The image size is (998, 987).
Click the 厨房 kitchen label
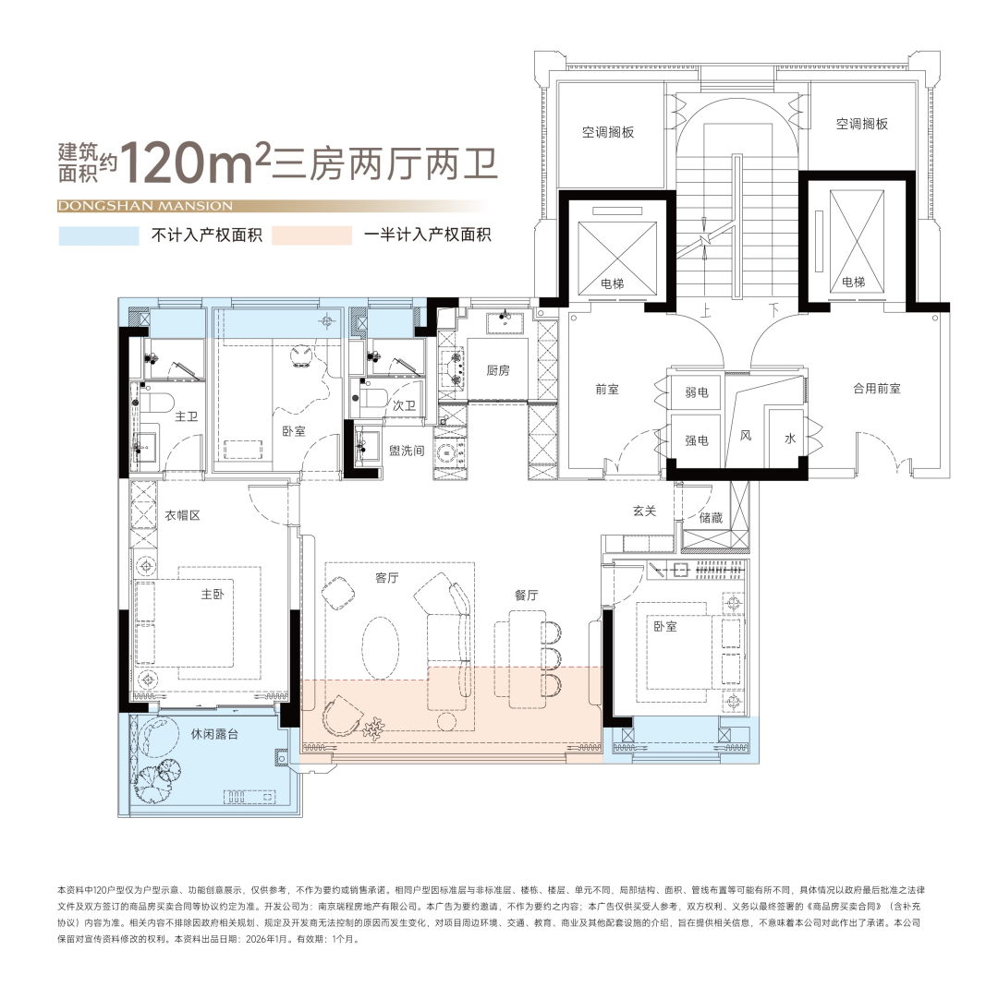tap(498, 370)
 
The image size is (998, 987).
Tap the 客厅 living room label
tap(387, 577)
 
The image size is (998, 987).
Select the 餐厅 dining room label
tap(527, 595)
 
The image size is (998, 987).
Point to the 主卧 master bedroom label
tap(213, 594)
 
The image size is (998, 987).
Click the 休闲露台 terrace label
tap(214, 734)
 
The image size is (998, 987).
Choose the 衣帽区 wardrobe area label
tap(183, 515)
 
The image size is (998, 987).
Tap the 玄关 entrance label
tap(644, 511)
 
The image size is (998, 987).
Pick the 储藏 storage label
tap(711, 518)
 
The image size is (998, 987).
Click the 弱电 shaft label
tap(697, 392)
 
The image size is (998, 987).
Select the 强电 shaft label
tap(697, 439)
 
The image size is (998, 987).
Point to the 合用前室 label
tap(877, 388)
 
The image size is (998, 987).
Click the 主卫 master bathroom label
tap(187, 415)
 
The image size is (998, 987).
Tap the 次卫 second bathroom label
tap(404, 405)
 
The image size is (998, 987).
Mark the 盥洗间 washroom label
tap(407, 451)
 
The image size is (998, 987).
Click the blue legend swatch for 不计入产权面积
tap(99, 235)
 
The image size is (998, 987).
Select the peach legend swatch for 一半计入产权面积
tap(312, 235)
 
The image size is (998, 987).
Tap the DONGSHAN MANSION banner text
tap(145, 206)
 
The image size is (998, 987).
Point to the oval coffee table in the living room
tap(381, 647)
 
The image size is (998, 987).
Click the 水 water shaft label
tap(790, 439)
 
